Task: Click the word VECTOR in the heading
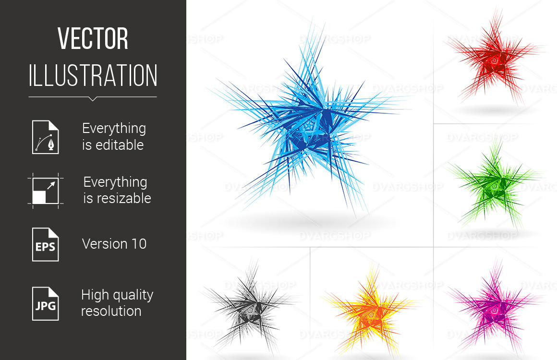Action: point(93,38)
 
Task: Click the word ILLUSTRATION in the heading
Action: point(93,75)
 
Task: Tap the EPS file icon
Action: point(46,245)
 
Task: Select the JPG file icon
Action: point(46,303)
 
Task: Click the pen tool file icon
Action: point(46,137)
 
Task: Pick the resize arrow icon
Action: point(46,191)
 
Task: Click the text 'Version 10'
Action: point(114,244)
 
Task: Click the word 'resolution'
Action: point(111,311)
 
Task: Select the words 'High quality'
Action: point(117,295)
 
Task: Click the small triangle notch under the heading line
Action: point(93,99)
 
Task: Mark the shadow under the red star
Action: point(496,110)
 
